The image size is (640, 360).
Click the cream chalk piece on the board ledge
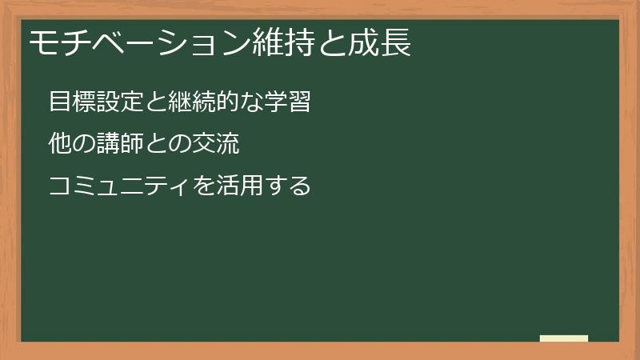pyautogui.click(x=564, y=338)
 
